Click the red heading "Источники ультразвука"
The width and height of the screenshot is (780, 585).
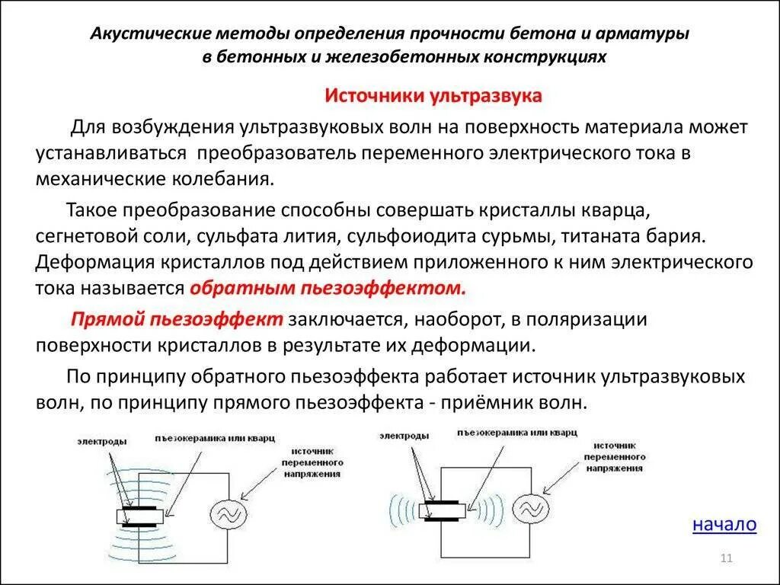point(433,96)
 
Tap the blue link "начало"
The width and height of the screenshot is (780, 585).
point(724,524)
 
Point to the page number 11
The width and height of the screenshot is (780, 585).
point(725,560)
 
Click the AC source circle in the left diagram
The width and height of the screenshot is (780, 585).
point(227,516)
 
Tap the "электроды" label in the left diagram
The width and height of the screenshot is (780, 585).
point(101,441)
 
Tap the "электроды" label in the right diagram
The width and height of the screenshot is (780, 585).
point(404,435)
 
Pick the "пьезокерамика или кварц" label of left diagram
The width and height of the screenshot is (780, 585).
point(214,439)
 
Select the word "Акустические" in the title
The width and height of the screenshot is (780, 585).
point(141,35)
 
